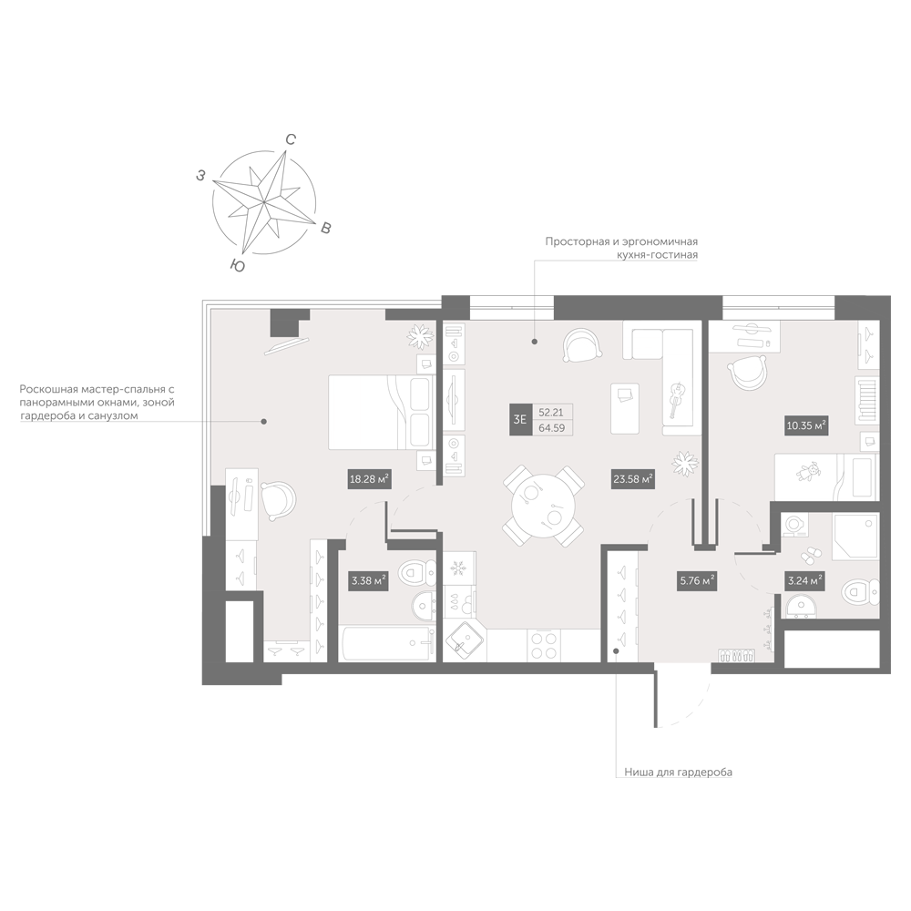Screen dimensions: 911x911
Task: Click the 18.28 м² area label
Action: click(x=368, y=480)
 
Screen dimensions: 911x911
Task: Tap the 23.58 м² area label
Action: click(x=633, y=479)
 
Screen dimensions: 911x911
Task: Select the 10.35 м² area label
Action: click(x=806, y=425)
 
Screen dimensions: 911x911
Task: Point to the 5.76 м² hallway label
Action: click(x=697, y=580)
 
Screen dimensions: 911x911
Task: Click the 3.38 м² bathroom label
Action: click(x=368, y=580)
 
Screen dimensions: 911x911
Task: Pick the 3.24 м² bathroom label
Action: click(x=804, y=580)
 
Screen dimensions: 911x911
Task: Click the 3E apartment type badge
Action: click(x=519, y=419)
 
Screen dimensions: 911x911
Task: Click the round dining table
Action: click(x=543, y=506)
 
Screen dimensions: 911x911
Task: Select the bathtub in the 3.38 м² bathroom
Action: click(x=387, y=643)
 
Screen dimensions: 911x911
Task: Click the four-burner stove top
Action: click(x=544, y=646)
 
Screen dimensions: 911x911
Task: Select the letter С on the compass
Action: click(x=291, y=139)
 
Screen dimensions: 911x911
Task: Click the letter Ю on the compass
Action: click(x=237, y=265)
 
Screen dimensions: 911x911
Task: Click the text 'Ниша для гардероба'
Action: click(x=678, y=773)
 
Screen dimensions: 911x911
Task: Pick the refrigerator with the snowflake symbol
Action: click(x=459, y=568)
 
